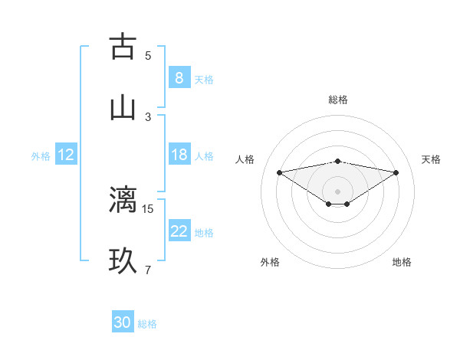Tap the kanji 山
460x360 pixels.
[x=123, y=107]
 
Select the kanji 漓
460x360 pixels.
[x=123, y=199]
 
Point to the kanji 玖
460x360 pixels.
[x=123, y=260]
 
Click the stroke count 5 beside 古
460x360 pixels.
[x=148, y=55]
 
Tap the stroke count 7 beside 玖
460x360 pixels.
[x=148, y=270]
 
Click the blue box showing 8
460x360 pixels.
[x=179, y=78]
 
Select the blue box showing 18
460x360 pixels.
[x=179, y=155]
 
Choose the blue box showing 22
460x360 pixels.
[x=179, y=231]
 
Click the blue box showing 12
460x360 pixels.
[x=65, y=155]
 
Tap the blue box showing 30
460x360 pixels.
[x=123, y=322]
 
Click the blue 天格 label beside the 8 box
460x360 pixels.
[x=204, y=80]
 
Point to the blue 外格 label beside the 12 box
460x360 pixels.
[x=41, y=156]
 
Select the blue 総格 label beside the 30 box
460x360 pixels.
[x=147, y=324]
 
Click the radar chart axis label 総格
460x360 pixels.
[x=338, y=100]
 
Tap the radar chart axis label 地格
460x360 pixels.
[x=402, y=262]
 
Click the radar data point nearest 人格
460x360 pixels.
[x=280, y=172]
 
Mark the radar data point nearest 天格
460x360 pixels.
[x=396, y=172]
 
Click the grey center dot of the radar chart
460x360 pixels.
[x=338, y=191]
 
